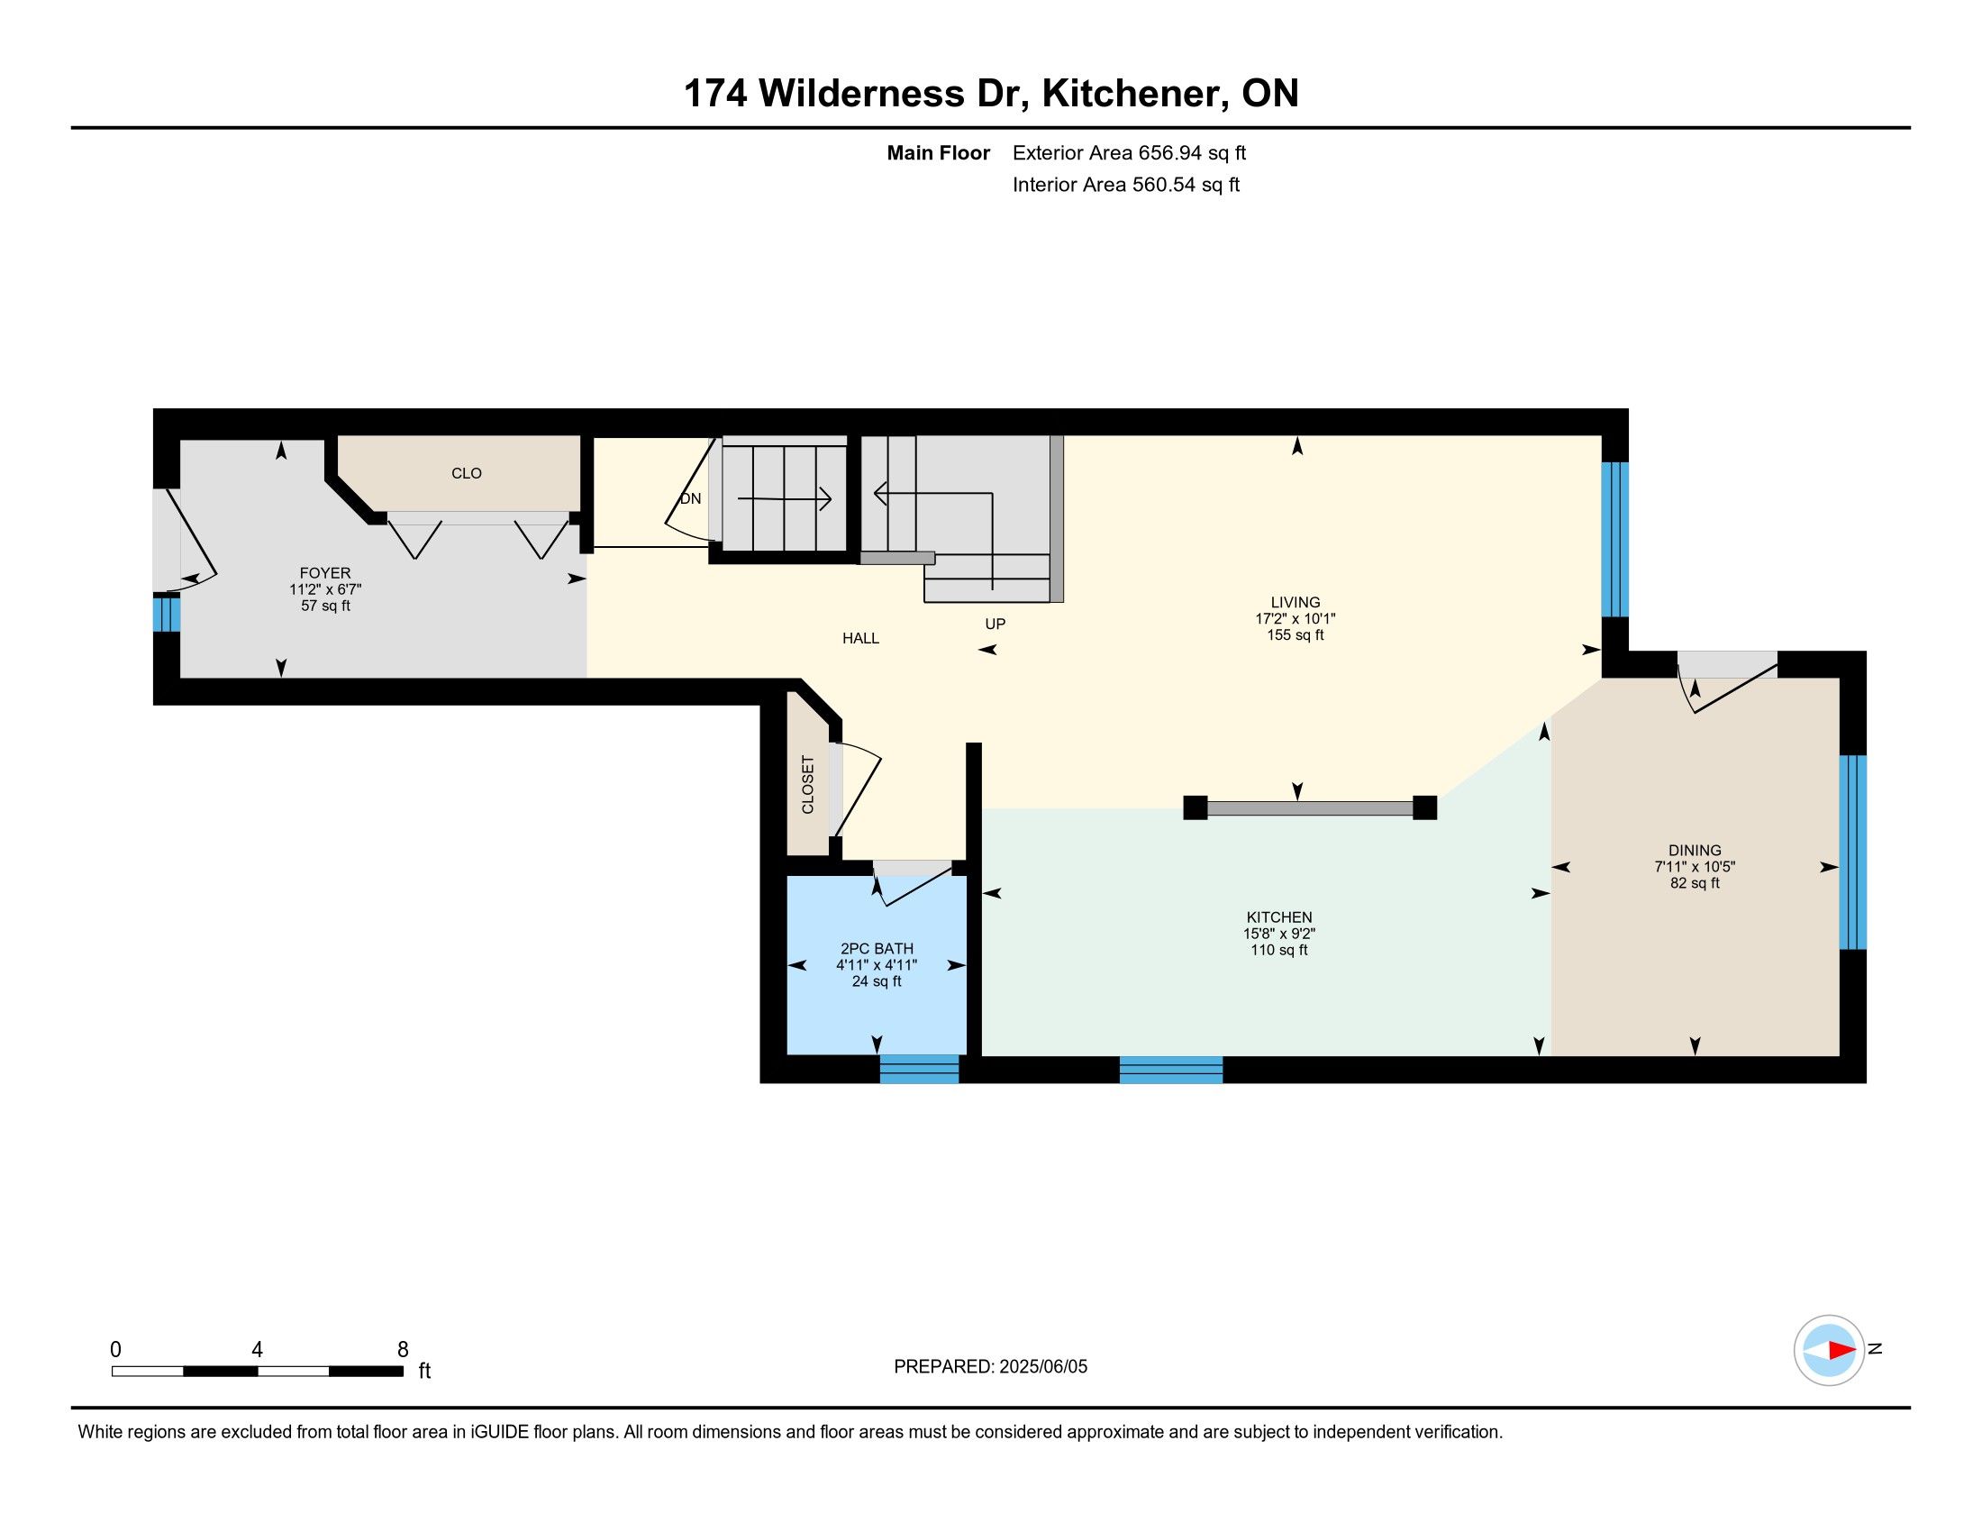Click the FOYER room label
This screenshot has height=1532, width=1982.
pyautogui.click(x=325, y=572)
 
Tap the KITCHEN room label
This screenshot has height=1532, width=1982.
pyautogui.click(x=1278, y=917)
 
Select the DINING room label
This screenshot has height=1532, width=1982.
pyautogui.click(x=1695, y=851)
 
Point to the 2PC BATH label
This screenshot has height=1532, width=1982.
pyautogui.click(x=877, y=948)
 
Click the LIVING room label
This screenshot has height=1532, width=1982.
pyautogui.click(x=1295, y=602)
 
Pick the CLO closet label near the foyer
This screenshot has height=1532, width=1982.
pyautogui.click(x=467, y=473)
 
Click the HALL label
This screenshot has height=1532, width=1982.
pyautogui.click(x=860, y=638)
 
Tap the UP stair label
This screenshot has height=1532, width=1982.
pyautogui.click(x=996, y=624)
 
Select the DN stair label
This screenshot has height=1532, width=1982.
pyautogui.click(x=691, y=498)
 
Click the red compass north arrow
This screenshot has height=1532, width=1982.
pyautogui.click(x=1841, y=1350)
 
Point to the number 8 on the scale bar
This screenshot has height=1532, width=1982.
pyautogui.click(x=403, y=1349)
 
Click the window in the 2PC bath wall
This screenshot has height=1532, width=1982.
pyautogui.click(x=919, y=1069)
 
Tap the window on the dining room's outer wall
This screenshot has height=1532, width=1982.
pyautogui.click(x=1852, y=853)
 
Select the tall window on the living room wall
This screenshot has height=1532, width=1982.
pyautogui.click(x=1614, y=540)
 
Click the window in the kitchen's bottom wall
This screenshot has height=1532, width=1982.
pyautogui.click(x=1170, y=1069)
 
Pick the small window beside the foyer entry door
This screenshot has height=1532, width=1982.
pyautogui.click(x=166, y=612)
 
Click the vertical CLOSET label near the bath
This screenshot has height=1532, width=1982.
pyautogui.click(x=808, y=785)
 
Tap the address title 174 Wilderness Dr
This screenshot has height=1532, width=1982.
pyautogui.click(x=857, y=94)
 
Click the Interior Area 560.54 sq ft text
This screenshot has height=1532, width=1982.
pyautogui.click(x=1126, y=185)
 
